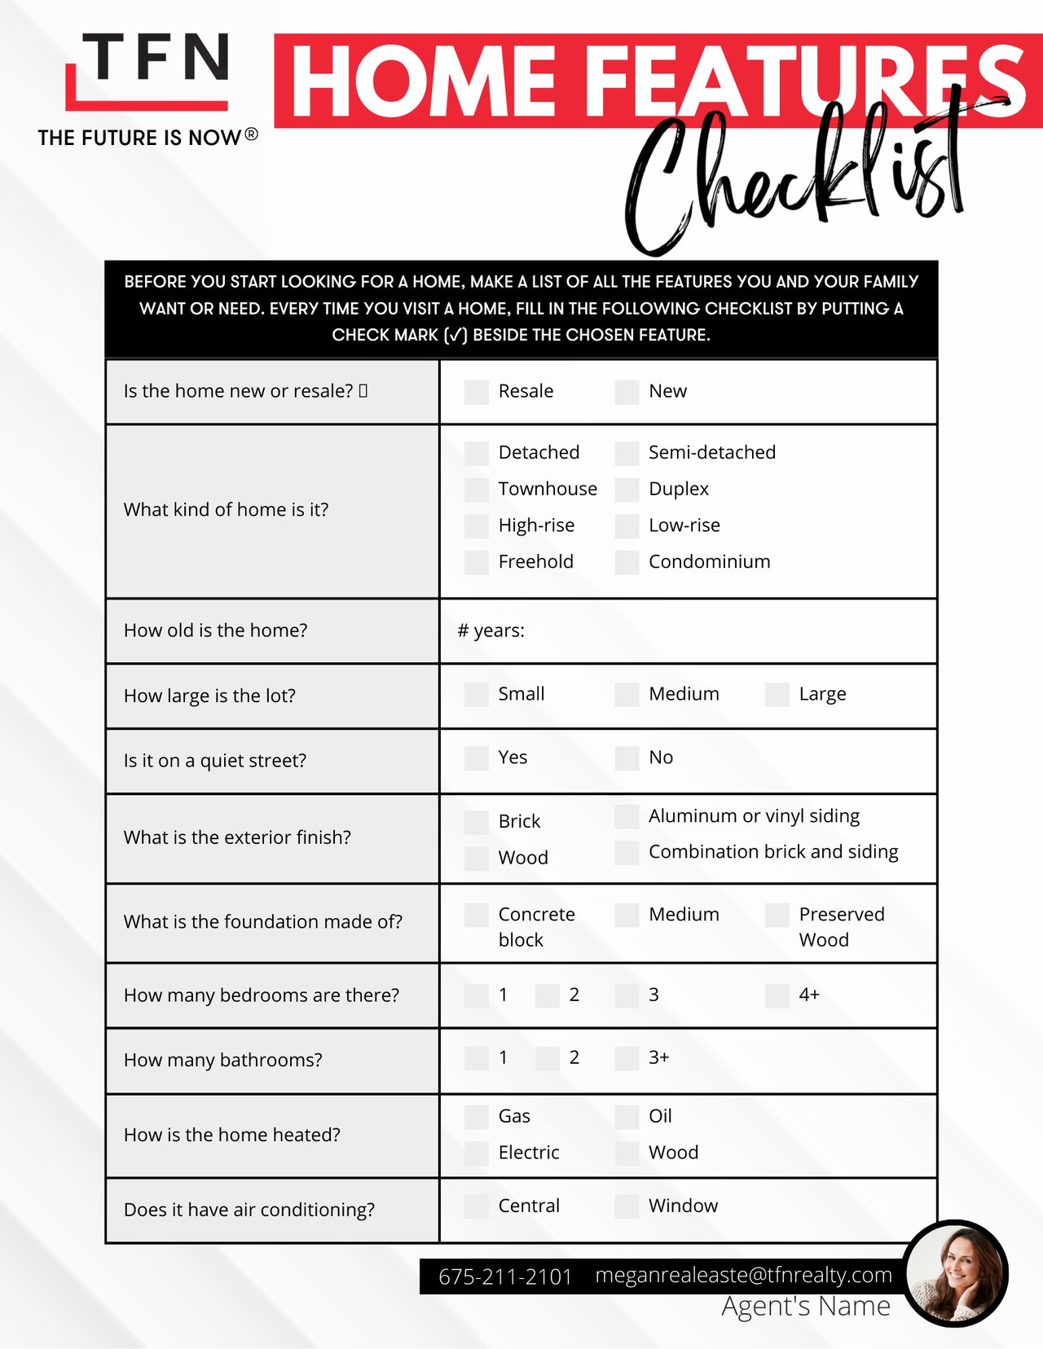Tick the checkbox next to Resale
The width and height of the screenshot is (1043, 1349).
coord(476,392)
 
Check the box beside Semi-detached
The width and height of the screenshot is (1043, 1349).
coord(627,453)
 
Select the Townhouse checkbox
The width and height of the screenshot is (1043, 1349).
coord(476,490)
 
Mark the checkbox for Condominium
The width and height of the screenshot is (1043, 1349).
coord(627,562)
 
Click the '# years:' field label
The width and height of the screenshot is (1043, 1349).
coord(491,631)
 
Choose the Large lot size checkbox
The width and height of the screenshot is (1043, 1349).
coord(777,695)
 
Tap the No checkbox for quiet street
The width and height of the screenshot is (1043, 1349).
coord(627,758)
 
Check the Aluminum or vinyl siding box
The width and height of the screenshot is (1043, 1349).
coord(627,816)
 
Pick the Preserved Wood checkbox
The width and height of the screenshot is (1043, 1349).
coord(777,915)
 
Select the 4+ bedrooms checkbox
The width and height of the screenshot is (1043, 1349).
coord(777,995)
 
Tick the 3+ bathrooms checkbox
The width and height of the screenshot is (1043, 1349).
coord(627,1058)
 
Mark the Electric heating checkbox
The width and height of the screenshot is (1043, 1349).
coord(476,1153)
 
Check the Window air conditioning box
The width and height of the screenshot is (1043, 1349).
coord(627,1206)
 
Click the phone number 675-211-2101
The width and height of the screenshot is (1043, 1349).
coord(505,1276)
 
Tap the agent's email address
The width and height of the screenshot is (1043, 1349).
coord(743,1275)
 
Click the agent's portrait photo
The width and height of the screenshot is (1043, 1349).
coord(957,1273)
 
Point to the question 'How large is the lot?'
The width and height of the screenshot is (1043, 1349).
coord(209,696)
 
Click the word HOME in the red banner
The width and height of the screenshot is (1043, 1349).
coord(424,81)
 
